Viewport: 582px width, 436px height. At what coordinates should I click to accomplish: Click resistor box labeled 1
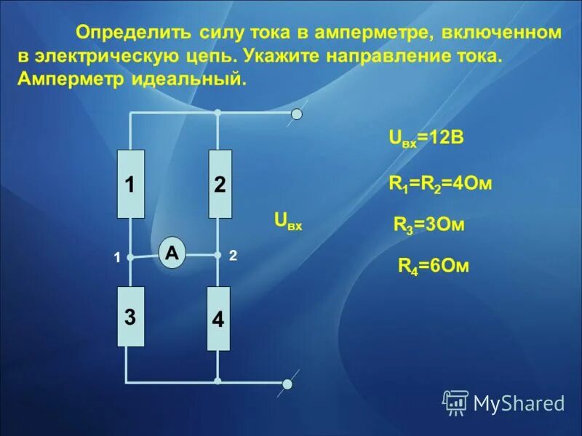click(x=131, y=184)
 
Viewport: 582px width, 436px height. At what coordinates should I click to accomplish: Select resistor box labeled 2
click(x=220, y=184)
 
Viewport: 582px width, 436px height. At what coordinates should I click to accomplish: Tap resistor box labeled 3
click(x=131, y=317)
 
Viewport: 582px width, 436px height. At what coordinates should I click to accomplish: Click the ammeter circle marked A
click(x=172, y=254)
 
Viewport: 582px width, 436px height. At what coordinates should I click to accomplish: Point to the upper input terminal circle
click(x=296, y=113)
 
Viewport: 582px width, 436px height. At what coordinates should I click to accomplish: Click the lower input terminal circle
click(x=289, y=383)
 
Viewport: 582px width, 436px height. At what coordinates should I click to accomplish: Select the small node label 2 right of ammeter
click(x=233, y=256)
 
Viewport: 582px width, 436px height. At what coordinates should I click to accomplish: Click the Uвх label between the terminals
click(x=287, y=220)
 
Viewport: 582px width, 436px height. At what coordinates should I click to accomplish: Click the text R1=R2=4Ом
click(x=441, y=184)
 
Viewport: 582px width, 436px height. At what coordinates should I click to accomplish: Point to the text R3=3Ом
click(x=428, y=225)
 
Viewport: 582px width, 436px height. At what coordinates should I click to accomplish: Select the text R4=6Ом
click(x=433, y=266)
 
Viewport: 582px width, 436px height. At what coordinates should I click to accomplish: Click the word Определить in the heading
click(x=134, y=33)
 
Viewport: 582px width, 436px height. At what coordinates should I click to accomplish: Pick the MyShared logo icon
click(x=455, y=402)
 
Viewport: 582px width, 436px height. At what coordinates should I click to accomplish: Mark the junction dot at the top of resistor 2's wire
click(x=218, y=113)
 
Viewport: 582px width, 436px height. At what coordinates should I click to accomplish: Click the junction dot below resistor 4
click(x=218, y=381)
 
